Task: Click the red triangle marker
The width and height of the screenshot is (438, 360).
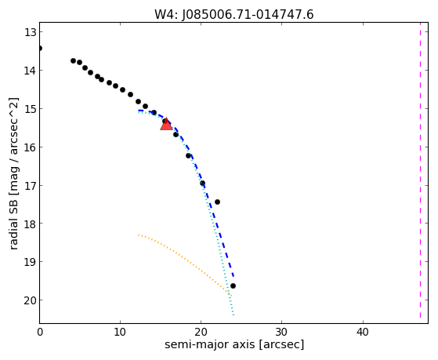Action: coord(166,124)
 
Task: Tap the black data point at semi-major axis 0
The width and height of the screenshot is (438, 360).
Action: coord(40,49)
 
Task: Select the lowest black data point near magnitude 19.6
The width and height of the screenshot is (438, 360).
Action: coord(233,285)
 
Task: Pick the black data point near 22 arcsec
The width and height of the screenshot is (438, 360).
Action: coord(217,202)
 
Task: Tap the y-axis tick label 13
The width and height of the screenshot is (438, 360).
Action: coord(30,32)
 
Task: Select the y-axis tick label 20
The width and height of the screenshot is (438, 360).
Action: coord(30,300)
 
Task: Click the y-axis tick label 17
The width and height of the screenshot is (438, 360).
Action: coord(30,186)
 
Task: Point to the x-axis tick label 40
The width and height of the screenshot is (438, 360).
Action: coord(363,332)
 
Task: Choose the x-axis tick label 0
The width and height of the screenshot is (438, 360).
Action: coord(40,332)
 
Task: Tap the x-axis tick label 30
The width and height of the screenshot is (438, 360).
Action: coord(281,332)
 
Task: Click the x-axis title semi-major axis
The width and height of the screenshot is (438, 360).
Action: coord(209,344)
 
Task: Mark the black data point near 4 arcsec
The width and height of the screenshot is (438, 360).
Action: coord(73,60)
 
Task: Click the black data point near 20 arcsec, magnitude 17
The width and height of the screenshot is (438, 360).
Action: coord(202,184)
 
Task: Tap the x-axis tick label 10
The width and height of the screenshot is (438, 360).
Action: coord(120,332)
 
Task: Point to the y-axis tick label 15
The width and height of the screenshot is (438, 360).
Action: coord(30,109)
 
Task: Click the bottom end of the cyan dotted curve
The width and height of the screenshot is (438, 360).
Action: coord(233,315)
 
